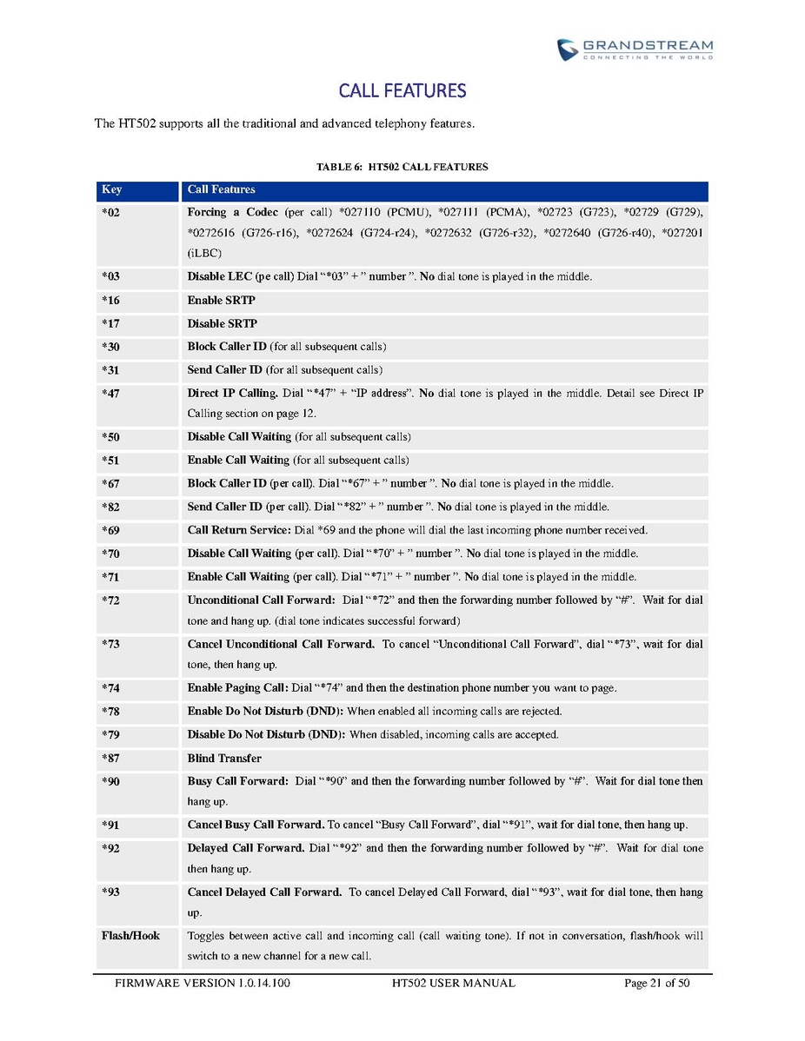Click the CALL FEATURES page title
click(402, 91)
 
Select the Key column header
click(111, 189)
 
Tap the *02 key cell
click(110, 213)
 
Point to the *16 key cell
click(110, 301)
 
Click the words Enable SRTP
click(221, 301)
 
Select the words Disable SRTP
click(222, 324)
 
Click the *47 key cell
click(110, 394)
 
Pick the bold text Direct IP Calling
click(232, 394)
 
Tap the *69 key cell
click(110, 530)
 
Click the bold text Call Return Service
click(239, 530)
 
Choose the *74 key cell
click(110, 688)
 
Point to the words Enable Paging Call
click(237, 688)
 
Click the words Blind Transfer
click(224, 759)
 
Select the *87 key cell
click(110, 759)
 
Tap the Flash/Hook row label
click(130, 936)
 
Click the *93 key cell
click(110, 892)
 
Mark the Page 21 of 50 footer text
click(656, 984)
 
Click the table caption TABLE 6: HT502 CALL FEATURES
click(402, 167)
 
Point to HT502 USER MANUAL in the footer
click(453, 984)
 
